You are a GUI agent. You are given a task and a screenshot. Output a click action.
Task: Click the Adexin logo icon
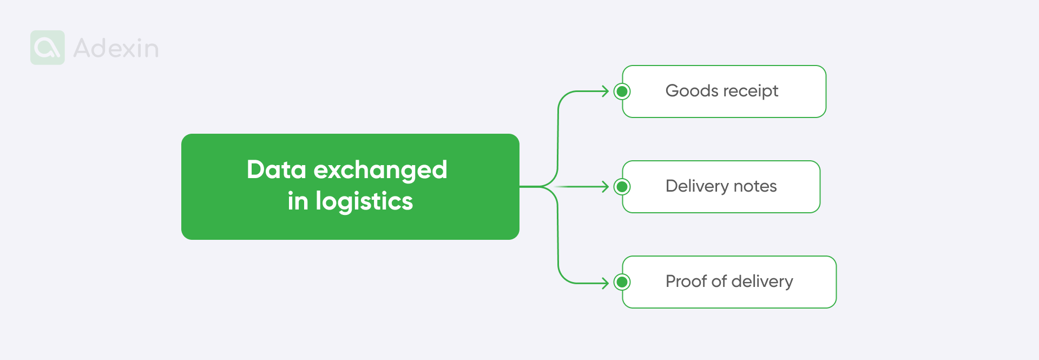coord(48,48)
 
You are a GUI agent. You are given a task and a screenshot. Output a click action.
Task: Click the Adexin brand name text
coord(116,48)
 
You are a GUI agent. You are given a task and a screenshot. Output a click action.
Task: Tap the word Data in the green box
coord(277,169)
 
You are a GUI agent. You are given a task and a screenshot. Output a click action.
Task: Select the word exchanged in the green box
coord(380,171)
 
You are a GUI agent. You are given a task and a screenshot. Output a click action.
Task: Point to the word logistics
coord(364,201)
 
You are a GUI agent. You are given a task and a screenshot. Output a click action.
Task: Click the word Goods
coord(692,90)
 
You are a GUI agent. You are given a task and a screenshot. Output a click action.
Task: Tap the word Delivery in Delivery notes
coord(697,186)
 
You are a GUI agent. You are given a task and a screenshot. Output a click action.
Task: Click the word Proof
coord(686,281)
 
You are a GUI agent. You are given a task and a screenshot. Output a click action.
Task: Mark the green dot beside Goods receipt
coord(622,91)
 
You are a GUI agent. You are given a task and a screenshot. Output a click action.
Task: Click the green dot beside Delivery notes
coord(622,187)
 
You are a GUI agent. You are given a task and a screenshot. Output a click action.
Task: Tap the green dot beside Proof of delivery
coord(622,282)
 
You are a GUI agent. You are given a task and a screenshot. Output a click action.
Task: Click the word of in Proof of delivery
coord(719,281)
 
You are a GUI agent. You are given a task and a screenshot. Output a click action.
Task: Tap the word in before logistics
coord(298,201)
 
